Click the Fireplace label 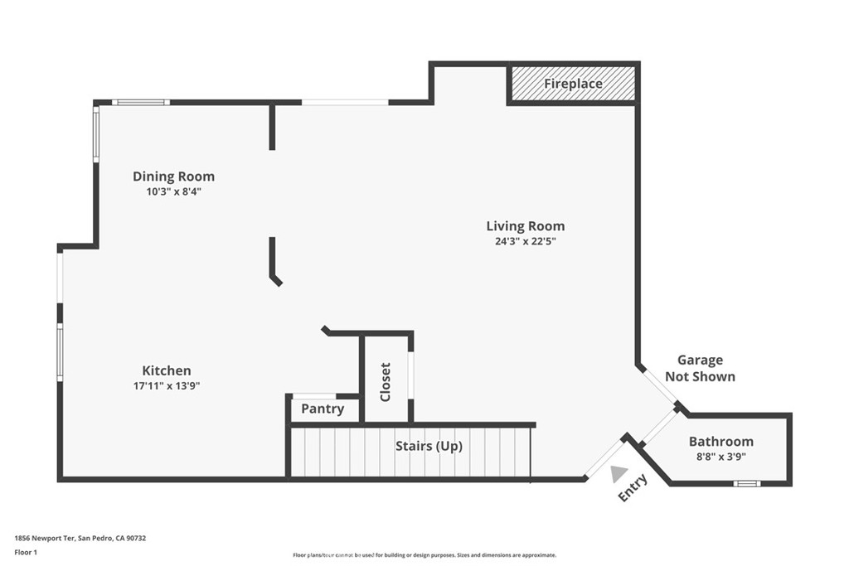573,84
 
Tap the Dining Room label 174,177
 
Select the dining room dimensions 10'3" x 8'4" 174,191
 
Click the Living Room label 525,226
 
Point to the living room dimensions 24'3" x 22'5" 525,241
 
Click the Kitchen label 166,370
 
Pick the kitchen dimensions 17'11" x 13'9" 167,386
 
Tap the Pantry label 323,409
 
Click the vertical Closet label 386,382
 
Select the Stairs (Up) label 429,446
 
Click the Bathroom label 721,442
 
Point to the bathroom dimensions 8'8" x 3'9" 721,457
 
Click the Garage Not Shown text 700,369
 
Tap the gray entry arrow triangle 619,474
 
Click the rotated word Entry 633,487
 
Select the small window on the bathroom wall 747,483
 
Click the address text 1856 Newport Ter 45,539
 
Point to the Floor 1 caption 26,553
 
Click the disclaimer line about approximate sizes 424,555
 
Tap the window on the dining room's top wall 141,102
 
